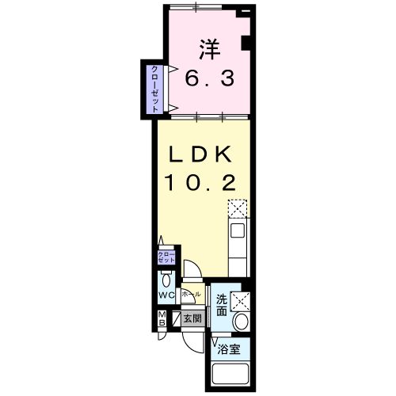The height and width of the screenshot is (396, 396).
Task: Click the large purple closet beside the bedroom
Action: point(149,87)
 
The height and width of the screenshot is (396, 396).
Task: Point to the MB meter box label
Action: point(161,320)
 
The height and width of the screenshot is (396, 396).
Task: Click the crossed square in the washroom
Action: point(239,300)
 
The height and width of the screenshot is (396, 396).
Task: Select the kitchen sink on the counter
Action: point(237,232)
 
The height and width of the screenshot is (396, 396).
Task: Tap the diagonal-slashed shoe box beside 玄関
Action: point(177,319)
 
